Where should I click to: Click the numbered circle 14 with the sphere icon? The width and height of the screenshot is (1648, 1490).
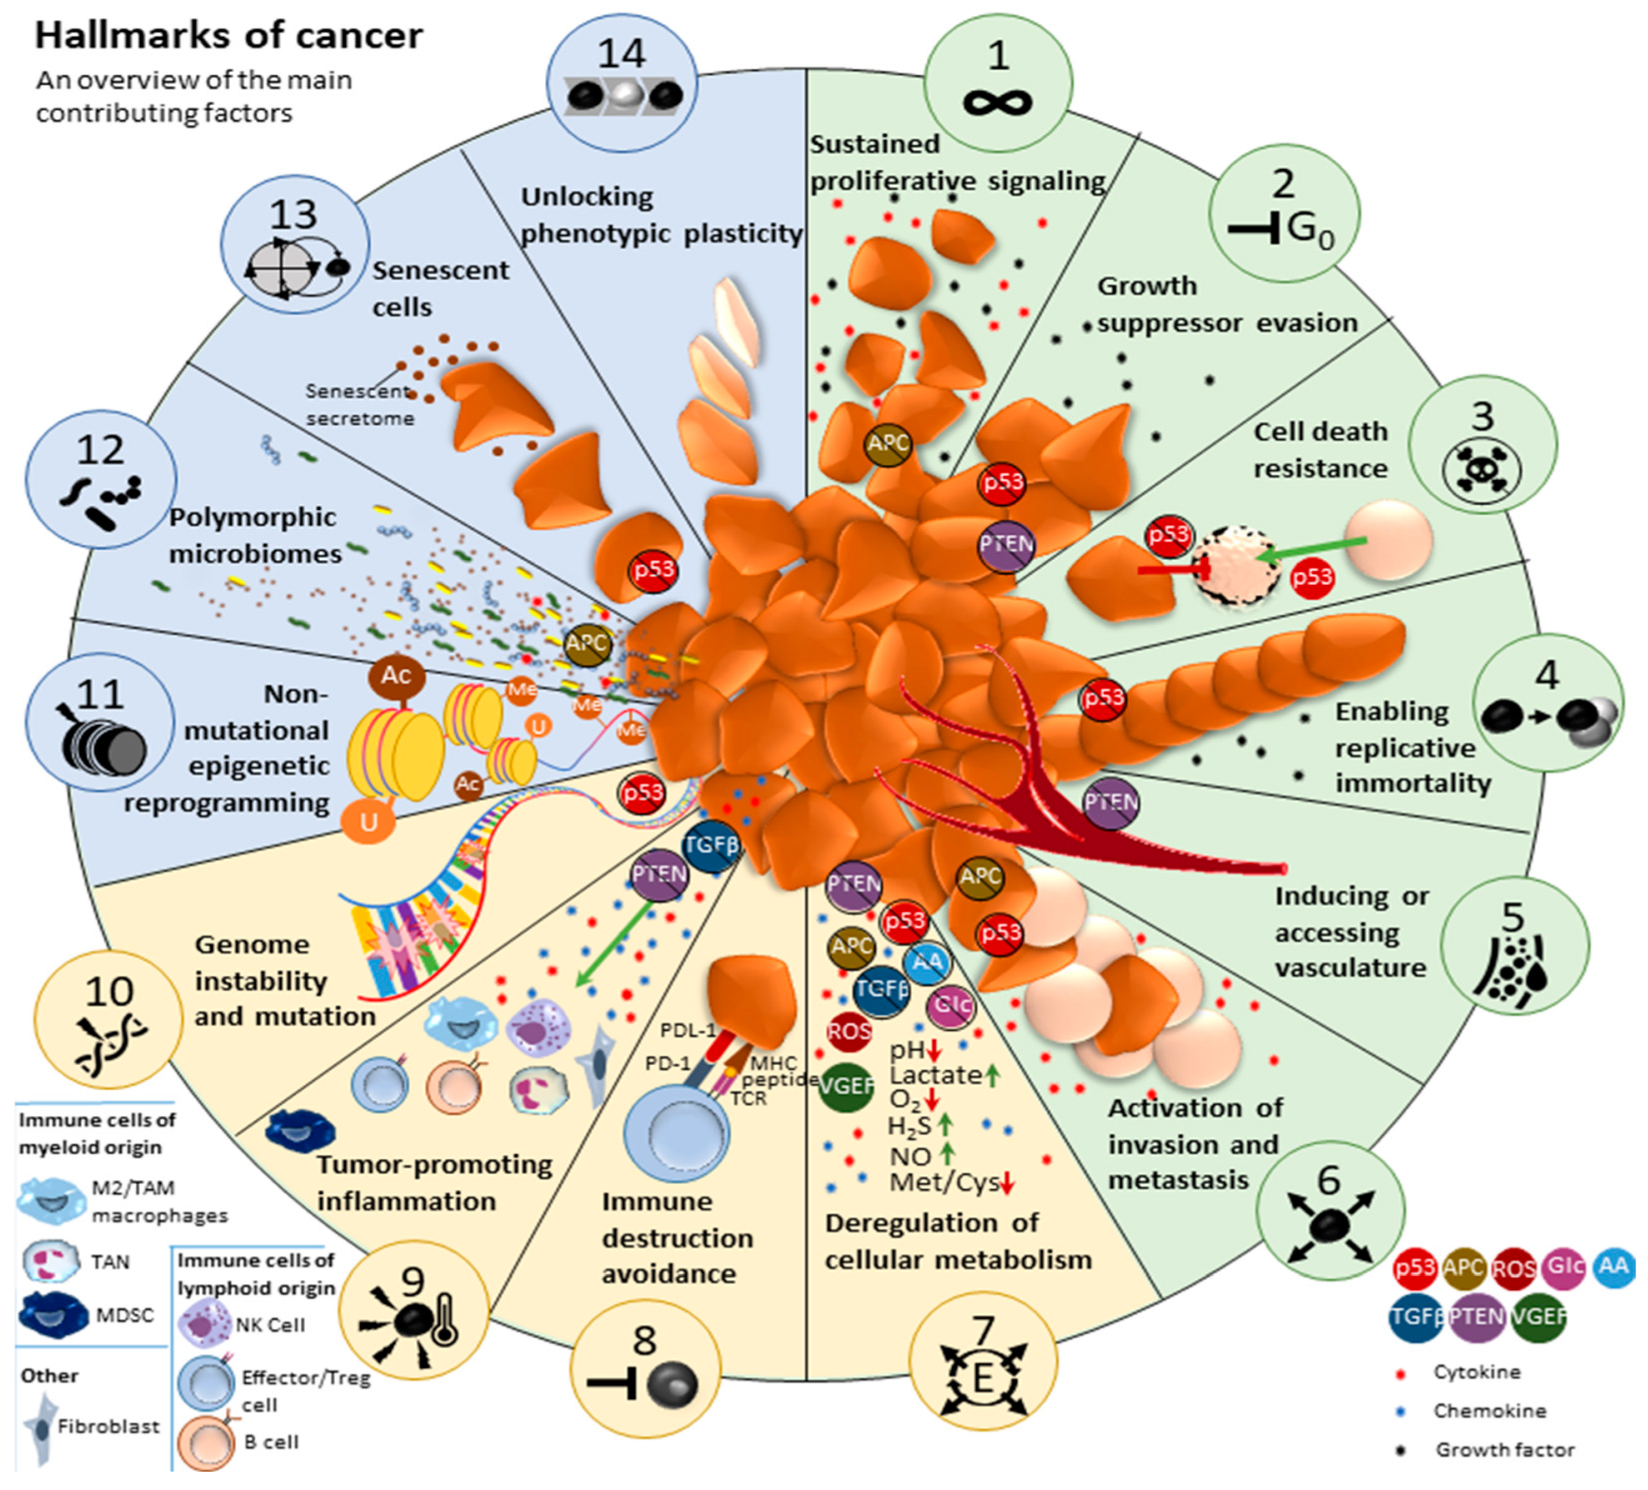click(621, 82)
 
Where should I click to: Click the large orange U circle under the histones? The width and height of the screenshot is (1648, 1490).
click(369, 821)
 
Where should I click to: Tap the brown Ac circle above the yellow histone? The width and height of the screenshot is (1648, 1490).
click(396, 676)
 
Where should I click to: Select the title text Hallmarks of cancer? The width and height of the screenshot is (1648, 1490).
click(229, 35)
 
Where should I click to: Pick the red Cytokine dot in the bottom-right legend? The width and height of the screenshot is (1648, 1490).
click(1401, 1372)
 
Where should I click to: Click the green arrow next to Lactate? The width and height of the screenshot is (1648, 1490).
click(992, 1076)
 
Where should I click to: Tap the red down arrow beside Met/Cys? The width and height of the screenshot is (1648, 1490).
click(1007, 1183)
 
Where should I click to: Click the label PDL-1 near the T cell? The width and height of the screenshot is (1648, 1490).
click(687, 1030)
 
